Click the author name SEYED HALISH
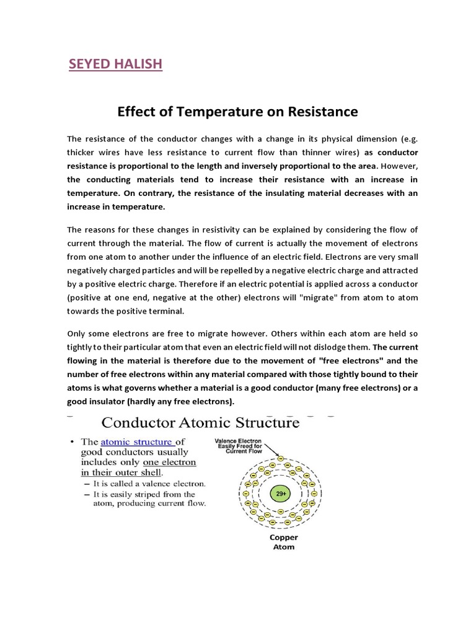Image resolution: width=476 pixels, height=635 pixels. [x=115, y=64]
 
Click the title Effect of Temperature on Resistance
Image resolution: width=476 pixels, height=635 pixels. [x=237, y=112]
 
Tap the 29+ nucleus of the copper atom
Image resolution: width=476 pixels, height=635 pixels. [x=281, y=494]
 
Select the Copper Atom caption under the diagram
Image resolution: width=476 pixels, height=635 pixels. [x=283, y=542]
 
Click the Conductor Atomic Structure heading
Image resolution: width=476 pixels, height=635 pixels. [x=200, y=424]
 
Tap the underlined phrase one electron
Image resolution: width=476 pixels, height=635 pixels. [x=169, y=462]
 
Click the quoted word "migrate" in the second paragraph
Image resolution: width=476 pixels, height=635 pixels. [x=319, y=298]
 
